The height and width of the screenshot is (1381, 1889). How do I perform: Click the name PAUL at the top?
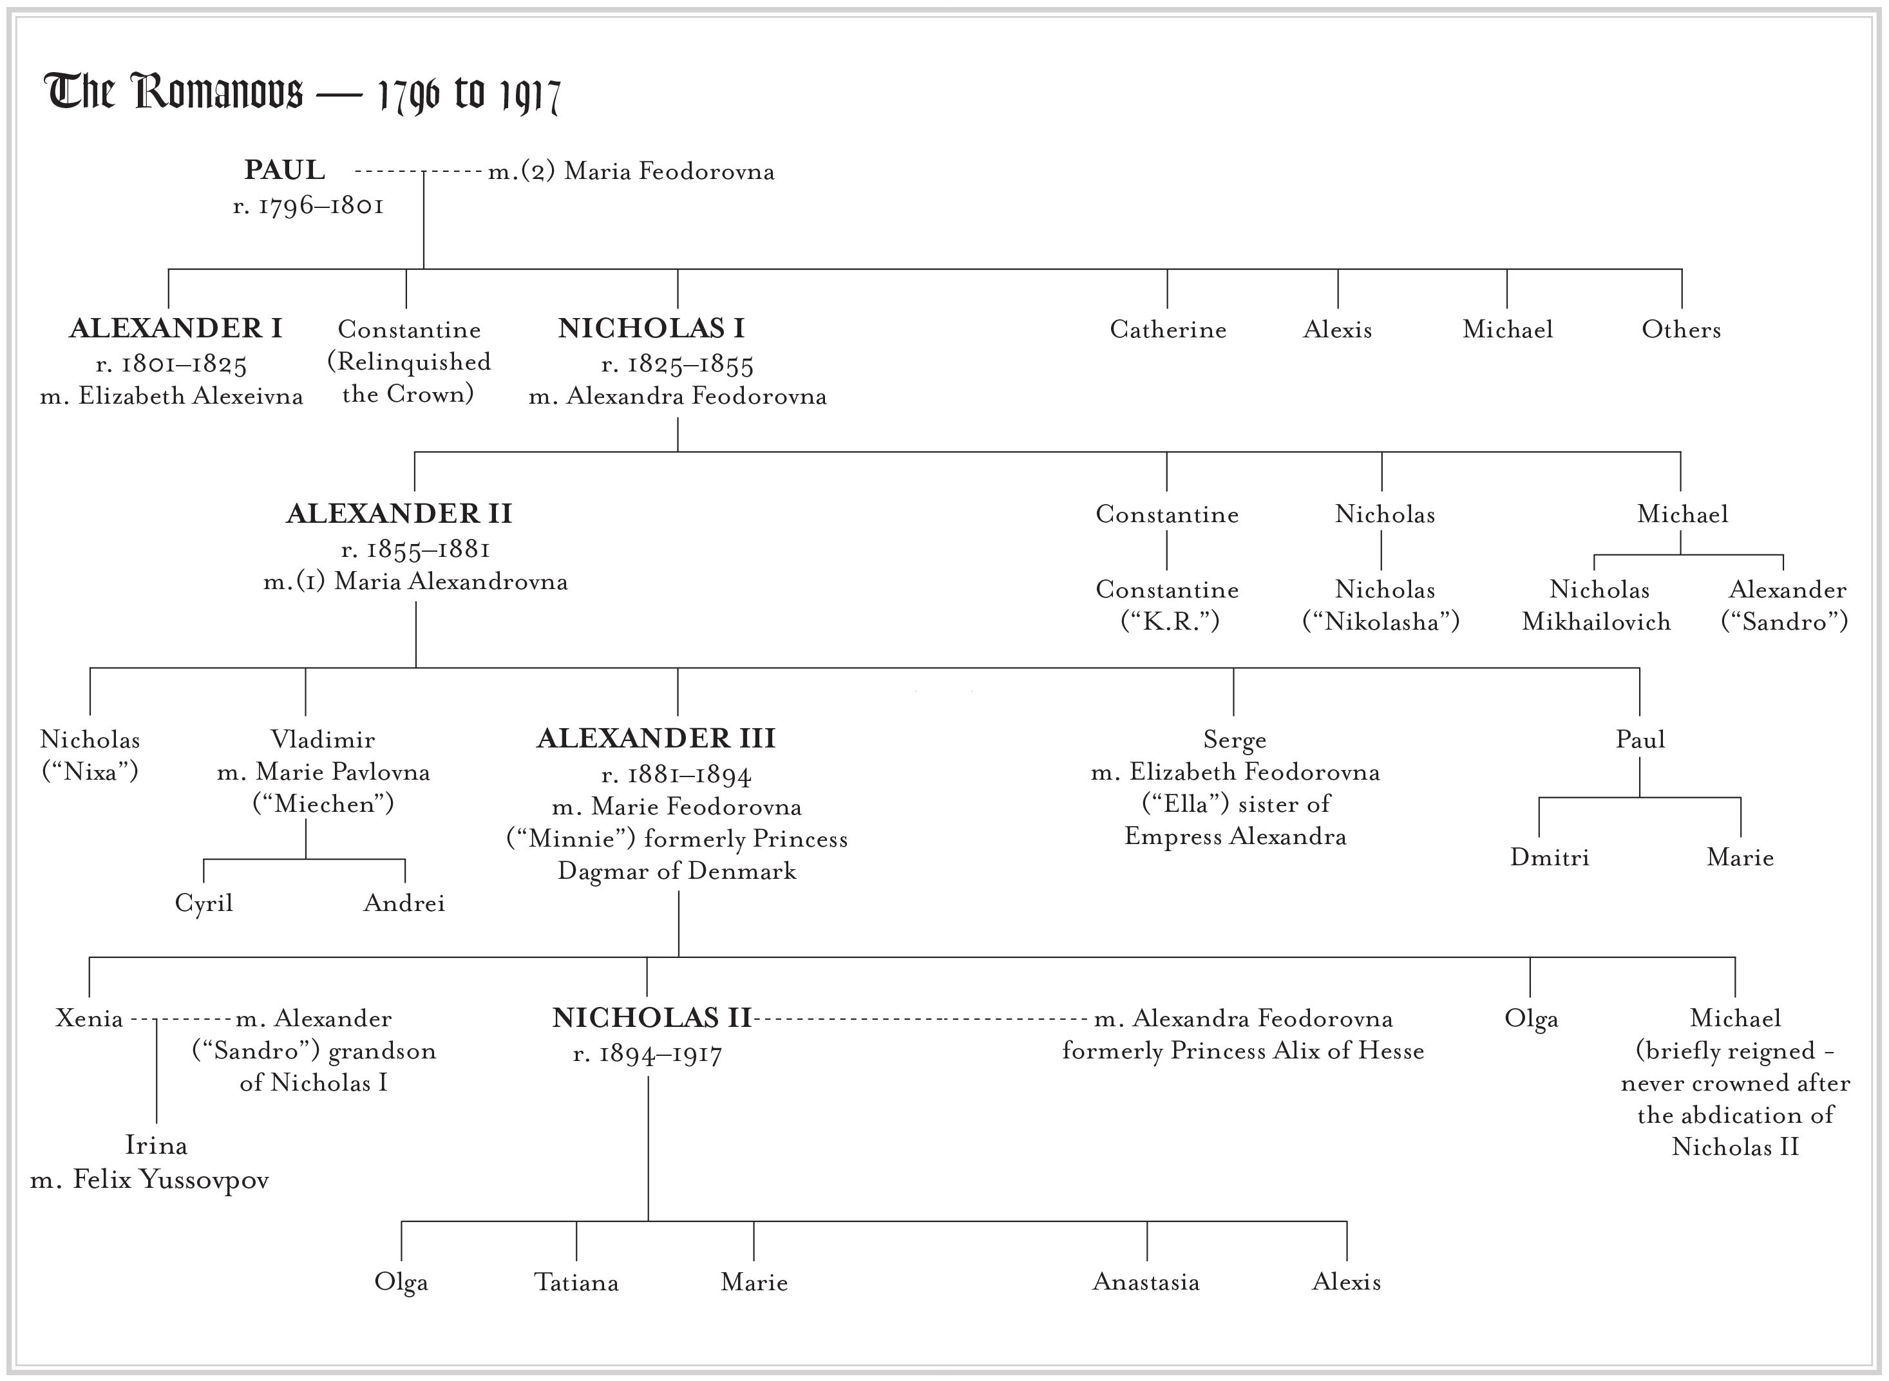click(x=284, y=170)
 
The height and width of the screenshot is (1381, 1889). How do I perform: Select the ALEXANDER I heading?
click(x=176, y=328)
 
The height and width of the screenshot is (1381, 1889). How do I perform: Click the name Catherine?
click(x=1168, y=330)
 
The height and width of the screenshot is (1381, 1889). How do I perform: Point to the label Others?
click(x=1681, y=330)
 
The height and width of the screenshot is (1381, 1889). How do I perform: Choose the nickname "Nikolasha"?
click(x=1381, y=622)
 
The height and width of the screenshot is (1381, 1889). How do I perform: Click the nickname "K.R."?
click(x=1170, y=622)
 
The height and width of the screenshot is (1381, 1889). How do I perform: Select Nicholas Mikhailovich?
click(x=1597, y=606)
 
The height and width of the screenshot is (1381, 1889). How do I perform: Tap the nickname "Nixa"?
click(x=90, y=771)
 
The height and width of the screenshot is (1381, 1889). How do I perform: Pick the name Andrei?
click(x=404, y=903)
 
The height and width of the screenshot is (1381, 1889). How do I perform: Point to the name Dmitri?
click(x=1550, y=858)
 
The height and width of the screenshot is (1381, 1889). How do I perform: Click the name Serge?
click(x=1234, y=740)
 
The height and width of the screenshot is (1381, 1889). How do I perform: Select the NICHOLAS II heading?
click(x=651, y=1018)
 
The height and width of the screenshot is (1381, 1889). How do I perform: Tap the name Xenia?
click(x=89, y=1018)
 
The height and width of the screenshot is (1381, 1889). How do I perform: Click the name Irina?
click(x=157, y=1145)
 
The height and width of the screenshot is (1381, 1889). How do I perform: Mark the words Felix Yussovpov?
click(x=171, y=1180)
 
